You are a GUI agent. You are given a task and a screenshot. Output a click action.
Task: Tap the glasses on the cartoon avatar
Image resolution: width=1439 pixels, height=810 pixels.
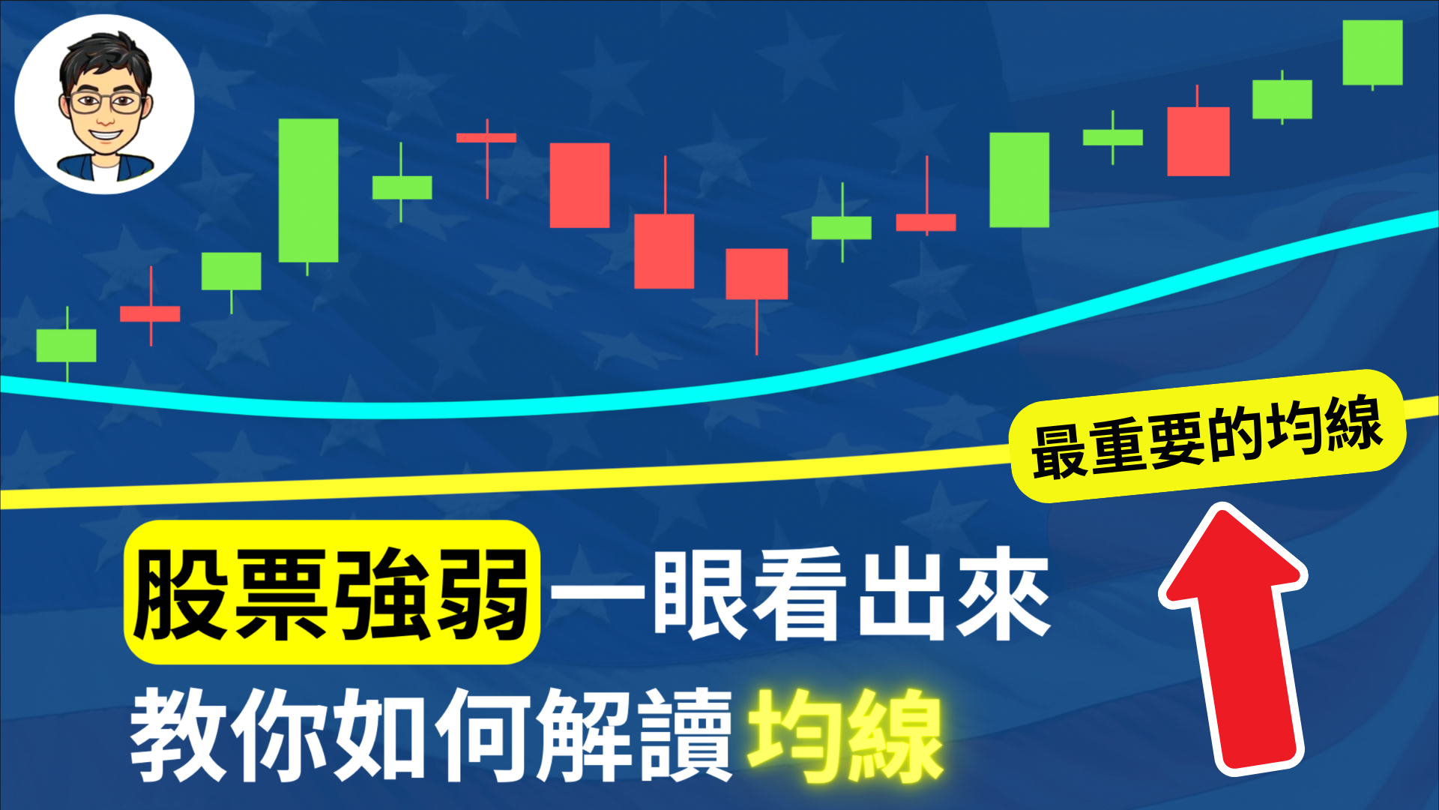pyautogui.click(x=106, y=103)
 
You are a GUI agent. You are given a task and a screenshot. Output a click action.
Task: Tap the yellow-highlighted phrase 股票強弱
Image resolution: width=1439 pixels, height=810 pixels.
pyautogui.click(x=332, y=592)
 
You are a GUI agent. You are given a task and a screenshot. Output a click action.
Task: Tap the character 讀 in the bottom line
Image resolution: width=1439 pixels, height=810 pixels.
pyautogui.click(x=687, y=735)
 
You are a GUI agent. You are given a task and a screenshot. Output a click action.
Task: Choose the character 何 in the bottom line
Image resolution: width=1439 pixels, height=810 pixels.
pyautogui.click(x=484, y=735)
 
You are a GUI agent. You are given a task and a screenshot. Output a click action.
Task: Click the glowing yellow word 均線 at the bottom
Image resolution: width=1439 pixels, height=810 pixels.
pyautogui.click(x=845, y=735)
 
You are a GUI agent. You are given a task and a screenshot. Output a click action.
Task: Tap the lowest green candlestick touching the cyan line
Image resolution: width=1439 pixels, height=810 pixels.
pyautogui.click(x=67, y=345)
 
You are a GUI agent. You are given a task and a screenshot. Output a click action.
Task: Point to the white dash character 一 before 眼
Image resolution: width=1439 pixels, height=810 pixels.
pyautogui.click(x=597, y=592)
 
